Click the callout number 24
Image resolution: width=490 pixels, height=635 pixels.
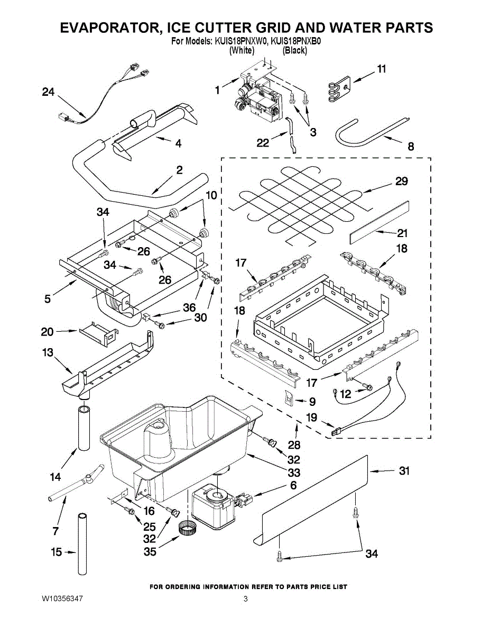48,92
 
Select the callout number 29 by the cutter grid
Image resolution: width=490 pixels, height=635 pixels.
402,182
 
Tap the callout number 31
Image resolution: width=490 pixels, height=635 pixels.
404,471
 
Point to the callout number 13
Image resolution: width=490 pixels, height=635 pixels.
48,352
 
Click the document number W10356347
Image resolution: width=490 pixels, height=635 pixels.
62,600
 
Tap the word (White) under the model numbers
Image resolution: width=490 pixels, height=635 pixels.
242,50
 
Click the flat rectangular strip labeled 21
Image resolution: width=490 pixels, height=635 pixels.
378,217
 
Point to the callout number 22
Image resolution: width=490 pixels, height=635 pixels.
262,142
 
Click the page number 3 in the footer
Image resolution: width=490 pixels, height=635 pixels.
245,600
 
